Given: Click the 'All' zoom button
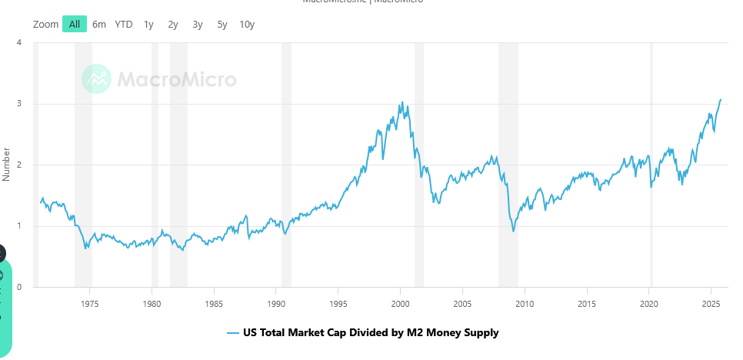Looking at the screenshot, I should (x=75, y=24).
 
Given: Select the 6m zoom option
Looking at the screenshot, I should (x=99, y=24).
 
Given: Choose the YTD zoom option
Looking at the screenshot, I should (x=124, y=24).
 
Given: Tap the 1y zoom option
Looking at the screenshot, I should (x=148, y=24).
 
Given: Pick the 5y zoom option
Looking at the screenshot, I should (x=222, y=24).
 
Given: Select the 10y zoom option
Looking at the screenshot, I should (x=247, y=24).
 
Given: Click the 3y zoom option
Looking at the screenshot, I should (x=198, y=24).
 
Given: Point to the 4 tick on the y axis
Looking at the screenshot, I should (x=18, y=42).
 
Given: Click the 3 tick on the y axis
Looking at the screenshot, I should (x=18, y=103).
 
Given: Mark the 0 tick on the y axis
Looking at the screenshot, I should (x=18, y=287).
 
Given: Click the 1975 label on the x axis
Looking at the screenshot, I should (x=90, y=303).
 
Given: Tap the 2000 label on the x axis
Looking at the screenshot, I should (x=401, y=303).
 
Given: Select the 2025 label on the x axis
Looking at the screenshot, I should (x=711, y=303).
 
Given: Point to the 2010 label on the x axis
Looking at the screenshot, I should (x=525, y=303).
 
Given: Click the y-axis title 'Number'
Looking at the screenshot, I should (x=7, y=165).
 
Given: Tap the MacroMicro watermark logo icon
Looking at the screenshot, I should (x=97, y=78).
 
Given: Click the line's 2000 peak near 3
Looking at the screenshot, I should (x=401, y=102).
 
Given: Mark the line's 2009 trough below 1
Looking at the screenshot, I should (x=513, y=231).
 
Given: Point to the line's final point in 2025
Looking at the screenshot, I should (x=721, y=99).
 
